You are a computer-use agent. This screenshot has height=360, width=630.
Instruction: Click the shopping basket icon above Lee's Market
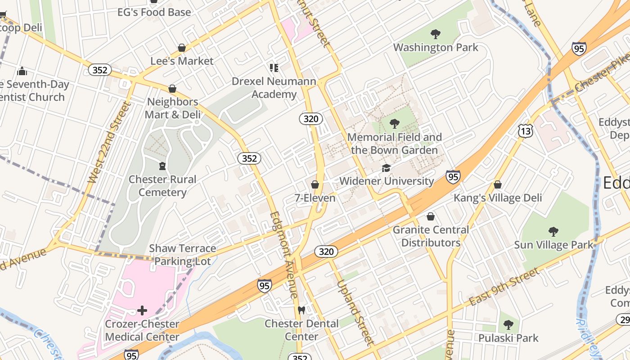[x=182, y=48]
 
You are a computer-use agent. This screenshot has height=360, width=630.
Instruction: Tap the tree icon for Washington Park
[x=435, y=34]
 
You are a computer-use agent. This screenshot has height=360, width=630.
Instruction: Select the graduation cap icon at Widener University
[x=386, y=168]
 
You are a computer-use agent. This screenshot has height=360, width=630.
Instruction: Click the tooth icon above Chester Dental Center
[x=301, y=310]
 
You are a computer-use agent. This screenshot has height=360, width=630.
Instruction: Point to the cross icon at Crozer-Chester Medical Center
[x=142, y=310]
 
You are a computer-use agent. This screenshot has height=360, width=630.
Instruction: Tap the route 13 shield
[x=525, y=131]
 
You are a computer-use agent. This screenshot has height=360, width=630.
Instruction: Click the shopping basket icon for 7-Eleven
[x=315, y=184]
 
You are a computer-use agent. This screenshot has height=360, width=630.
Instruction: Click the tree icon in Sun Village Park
[x=553, y=232]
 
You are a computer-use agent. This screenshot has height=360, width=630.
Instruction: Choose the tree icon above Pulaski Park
[x=508, y=324]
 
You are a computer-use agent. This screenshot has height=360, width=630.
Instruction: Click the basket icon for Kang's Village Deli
[x=498, y=184]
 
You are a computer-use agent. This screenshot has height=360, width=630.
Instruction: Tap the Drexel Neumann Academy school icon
[x=274, y=68]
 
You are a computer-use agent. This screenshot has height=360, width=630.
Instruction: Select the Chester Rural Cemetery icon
[x=162, y=166]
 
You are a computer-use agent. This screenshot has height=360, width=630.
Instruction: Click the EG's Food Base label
[x=154, y=12]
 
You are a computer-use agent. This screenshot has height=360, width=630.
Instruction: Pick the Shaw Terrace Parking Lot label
[x=182, y=254]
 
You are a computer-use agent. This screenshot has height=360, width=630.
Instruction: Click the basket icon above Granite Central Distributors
[x=431, y=216]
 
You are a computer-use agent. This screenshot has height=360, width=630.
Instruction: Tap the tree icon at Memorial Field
[x=395, y=123]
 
